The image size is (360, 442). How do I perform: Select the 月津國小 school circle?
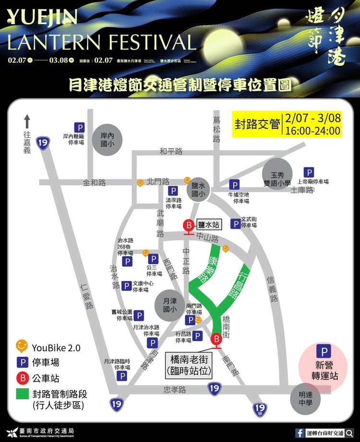pos(169,306)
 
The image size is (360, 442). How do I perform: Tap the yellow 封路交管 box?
pos(257,124)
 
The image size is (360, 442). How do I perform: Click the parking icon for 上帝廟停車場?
pos(309,172)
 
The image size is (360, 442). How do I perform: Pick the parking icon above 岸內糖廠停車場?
pos(80,127)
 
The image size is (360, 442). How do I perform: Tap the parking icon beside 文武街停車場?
pos(236,223)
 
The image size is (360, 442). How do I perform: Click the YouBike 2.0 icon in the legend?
pos(22,346)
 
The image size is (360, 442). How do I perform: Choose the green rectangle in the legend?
pos(22,393)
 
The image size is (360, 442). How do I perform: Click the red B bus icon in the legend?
pos(22,378)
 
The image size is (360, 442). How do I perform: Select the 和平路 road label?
pos(171,151)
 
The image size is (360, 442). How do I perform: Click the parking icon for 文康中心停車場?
pos(126,286)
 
